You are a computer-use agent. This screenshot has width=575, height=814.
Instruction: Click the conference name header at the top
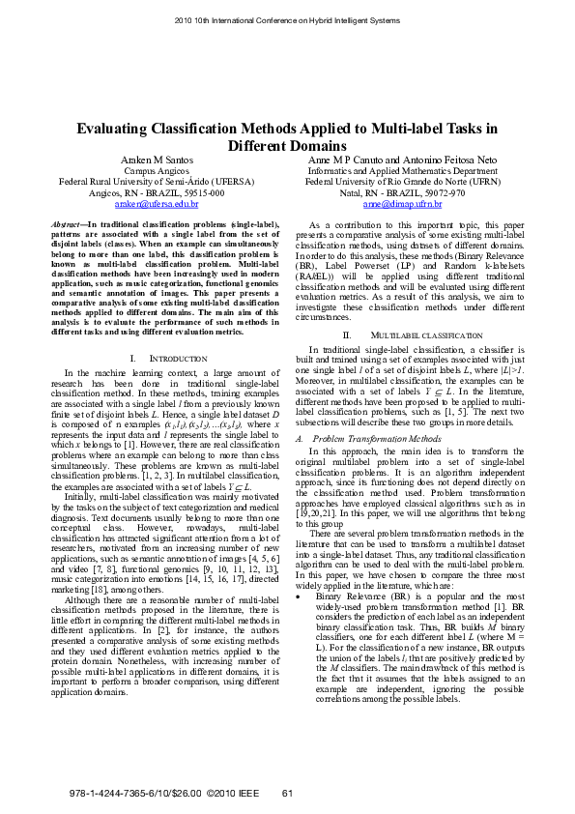[287, 20]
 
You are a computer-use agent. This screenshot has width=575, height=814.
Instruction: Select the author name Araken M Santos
[157, 158]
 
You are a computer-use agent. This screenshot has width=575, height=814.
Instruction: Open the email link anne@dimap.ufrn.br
[402, 204]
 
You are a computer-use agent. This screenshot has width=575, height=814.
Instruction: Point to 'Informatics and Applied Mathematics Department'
[402, 169]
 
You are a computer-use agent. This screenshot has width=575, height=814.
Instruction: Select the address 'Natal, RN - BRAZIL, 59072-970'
[402, 192]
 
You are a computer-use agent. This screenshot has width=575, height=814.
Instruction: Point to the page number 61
[286, 794]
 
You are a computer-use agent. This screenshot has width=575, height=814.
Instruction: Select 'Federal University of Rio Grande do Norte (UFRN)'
[402, 181]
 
